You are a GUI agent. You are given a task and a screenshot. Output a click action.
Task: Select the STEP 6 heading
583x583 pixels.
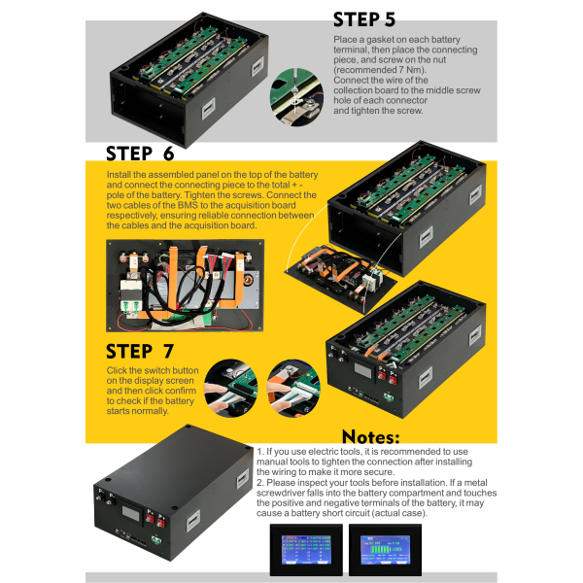tap(140, 154)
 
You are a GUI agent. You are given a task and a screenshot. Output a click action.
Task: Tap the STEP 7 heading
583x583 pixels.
tap(140, 351)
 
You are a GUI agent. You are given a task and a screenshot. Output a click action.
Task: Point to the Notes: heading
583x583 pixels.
tap(384, 437)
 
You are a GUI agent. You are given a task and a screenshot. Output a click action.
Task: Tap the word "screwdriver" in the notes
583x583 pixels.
tap(289, 494)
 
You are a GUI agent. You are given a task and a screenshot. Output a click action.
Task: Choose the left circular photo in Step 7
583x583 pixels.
tap(229, 380)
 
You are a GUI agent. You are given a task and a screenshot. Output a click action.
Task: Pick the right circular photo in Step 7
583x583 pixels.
tap(288, 380)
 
